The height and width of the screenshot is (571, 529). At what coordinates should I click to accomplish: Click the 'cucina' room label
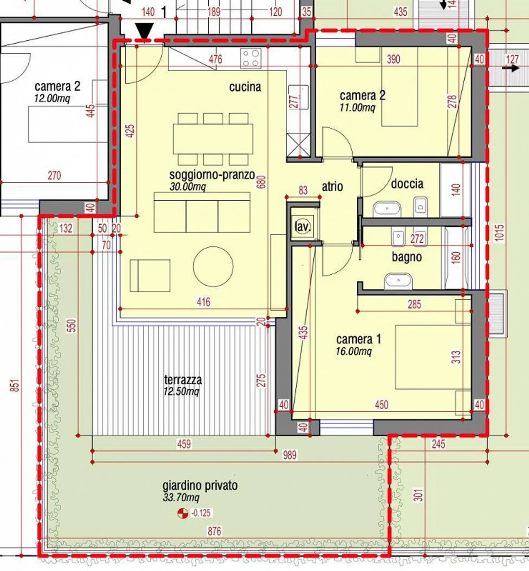click(245, 87)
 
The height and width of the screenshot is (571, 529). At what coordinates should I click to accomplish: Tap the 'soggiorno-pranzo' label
click(212, 175)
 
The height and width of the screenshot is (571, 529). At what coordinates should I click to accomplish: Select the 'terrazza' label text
click(183, 380)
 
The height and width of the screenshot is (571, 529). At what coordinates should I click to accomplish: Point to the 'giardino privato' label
click(200, 486)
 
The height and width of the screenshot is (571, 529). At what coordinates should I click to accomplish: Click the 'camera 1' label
click(359, 339)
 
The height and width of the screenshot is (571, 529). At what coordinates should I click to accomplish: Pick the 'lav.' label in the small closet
click(303, 227)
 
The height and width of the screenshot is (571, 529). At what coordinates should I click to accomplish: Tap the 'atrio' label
click(332, 186)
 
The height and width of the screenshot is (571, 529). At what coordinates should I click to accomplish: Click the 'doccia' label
click(407, 183)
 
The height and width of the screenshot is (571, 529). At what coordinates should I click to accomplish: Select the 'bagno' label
click(407, 257)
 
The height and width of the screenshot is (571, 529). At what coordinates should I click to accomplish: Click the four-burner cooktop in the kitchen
click(251, 58)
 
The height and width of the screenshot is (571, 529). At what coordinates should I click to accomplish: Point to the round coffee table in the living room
click(213, 267)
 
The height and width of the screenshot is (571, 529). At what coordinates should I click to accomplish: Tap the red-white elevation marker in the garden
click(183, 513)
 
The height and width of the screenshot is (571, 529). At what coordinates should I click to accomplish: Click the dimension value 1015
click(499, 233)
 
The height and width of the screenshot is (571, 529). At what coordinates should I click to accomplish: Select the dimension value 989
click(289, 455)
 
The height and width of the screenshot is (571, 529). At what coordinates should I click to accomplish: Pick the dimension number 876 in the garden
click(215, 531)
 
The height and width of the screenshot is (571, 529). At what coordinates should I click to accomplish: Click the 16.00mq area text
click(354, 351)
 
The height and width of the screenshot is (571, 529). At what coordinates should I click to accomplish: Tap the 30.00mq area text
click(188, 187)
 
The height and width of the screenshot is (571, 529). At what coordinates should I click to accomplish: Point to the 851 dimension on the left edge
click(14, 386)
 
